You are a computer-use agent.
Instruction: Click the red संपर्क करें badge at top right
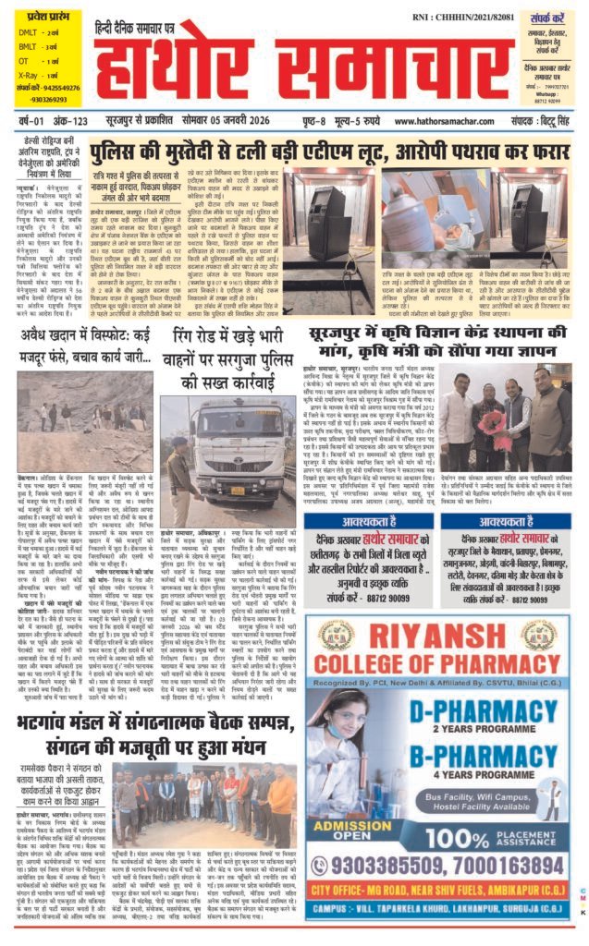point(546,20)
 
